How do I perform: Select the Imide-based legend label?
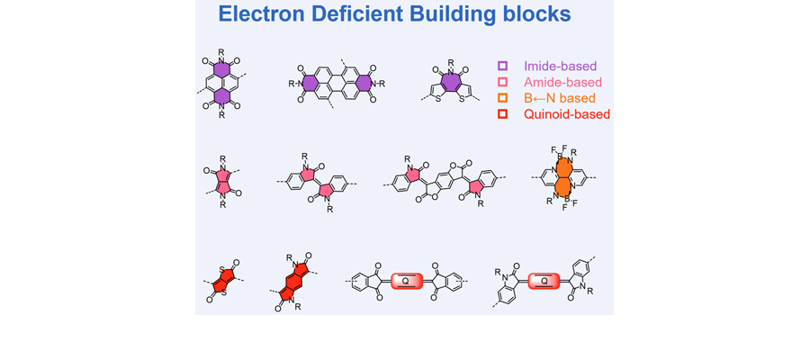pyautogui.click(x=561, y=66)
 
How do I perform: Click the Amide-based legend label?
pyautogui.click(x=562, y=82)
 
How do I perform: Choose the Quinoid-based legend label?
pyautogui.click(x=567, y=114)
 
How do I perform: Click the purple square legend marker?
pyautogui.click(x=503, y=66)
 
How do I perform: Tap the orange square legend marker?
pyautogui.click(x=503, y=98)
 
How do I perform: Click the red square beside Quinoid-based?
pyautogui.click(x=503, y=114)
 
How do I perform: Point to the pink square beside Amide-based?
pyautogui.click(x=503, y=82)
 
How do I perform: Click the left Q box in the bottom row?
pyautogui.click(x=407, y=281)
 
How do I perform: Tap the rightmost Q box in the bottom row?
pyautogui.click(x=544, y=281)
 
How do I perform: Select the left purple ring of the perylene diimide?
pyautogui.click(x=310, y=84)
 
